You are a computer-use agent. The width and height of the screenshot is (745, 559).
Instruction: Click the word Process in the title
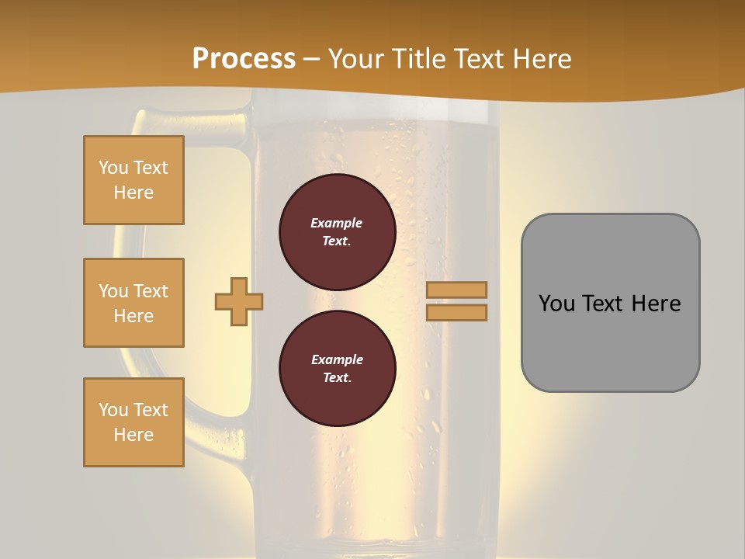pyautogui.click(x=244, y=59)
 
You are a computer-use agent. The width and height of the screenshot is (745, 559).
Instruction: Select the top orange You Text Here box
pyautogui.click(x=133, y=180)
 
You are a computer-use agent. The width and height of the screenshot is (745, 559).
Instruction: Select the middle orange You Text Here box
pyautogui.click(x=133, y=303)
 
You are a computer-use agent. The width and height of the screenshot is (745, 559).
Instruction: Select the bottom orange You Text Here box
pyautogui.click(x=133, y=422)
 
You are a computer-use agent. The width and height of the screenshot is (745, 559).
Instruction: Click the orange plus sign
pyautogui.click(x=239, y=301)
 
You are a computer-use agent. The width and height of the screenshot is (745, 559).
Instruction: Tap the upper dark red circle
pyautogui.click(x=337, y=231)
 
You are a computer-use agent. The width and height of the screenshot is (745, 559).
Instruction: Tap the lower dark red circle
pyautogui.click(x=337, y=368)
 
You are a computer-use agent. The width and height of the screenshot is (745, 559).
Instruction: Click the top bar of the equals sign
pyautogui.click(x=456, y=290)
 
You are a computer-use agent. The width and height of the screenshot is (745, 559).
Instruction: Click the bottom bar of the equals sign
pyautogui.click(x=456, y=312)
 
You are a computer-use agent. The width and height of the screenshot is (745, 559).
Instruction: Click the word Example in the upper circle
pyautogui.click(x=337, y=223)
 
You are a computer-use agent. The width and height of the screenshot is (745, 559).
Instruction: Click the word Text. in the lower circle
pyautogui.click(x=337, y=378)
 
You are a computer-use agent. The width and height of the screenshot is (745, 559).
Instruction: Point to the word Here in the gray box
pyautogui.click(x=656, y=304)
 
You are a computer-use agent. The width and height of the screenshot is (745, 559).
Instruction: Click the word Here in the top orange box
pyautogui.click(x=133, y=193)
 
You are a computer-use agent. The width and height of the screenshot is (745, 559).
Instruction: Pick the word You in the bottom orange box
pyautogui.click(x=113, y=410)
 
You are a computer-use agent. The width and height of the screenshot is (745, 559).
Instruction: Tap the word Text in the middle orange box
pyautogui.click(x=151, y=291)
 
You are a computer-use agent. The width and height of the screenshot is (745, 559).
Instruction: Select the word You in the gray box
pyautogui.click(x=556, y=304)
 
